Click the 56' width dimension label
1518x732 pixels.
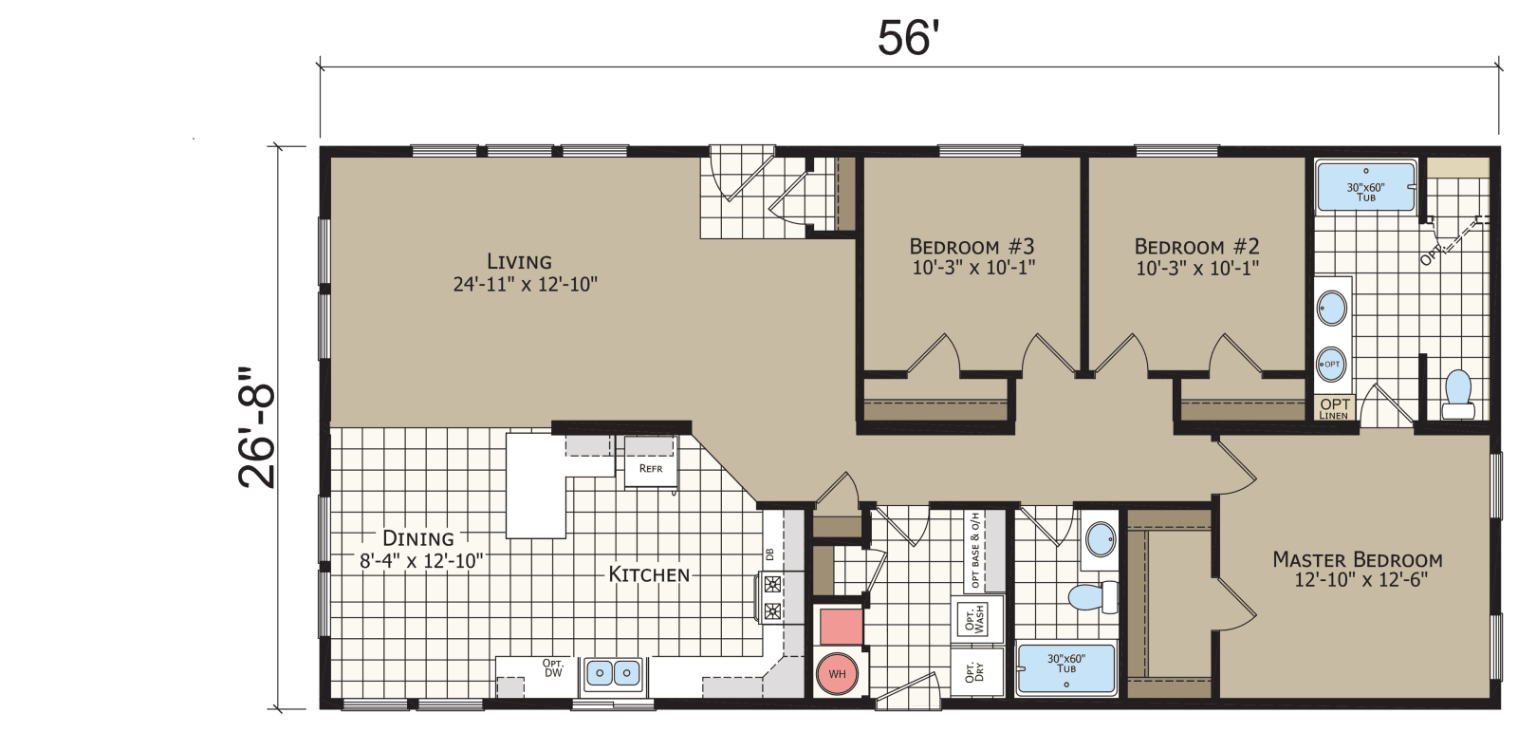tap(908, 38)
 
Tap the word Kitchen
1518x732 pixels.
tap(649, 574)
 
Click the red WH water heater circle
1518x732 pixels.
tap(838, 674)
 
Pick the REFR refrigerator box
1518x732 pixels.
tap(651, 468)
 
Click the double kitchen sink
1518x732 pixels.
tap(613, 673)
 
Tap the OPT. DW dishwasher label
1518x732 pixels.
tap(553, 668)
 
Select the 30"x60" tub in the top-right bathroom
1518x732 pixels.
tap(1366, 187)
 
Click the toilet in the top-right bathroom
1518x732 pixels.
tap(1457, 394)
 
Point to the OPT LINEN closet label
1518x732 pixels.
tap(1334, 408)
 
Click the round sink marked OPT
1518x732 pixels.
tap(1332, 364)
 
